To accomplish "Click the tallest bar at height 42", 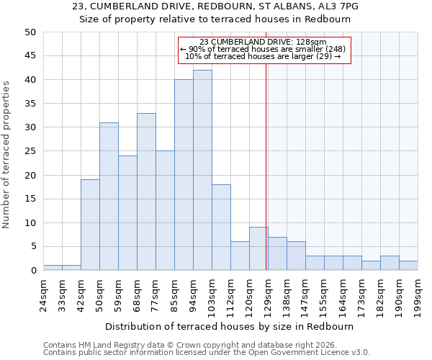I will coord(202,170).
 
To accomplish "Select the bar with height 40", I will coord(184,175).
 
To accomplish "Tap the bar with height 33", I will coord(146,192).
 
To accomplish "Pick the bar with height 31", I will coord(109,197).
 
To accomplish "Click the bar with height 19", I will coord(90,225).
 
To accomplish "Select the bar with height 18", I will coord(221,228).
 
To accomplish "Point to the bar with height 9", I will coord(258,248).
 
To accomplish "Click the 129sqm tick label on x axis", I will coord(268,293).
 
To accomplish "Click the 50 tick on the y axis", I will coord(30,32).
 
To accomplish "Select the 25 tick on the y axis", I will coord(30,151).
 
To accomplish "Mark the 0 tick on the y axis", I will coord(33,271).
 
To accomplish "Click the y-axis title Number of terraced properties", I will coord(6,154).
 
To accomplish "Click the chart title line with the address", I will coord(216,6).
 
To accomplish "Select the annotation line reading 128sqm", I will coord(263,42).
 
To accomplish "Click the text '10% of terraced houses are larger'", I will coord(263,56).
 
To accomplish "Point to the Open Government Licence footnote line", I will coord(207,353).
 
